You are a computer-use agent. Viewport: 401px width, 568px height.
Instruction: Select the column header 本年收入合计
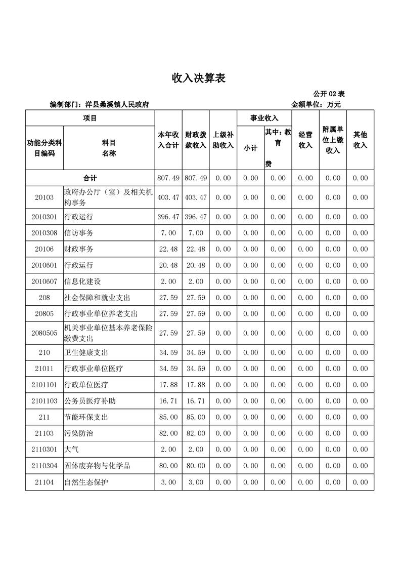pos(168,140)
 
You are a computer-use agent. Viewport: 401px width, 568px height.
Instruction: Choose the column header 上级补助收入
pos(223,140)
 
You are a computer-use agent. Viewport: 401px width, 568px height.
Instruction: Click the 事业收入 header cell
pos(264,118)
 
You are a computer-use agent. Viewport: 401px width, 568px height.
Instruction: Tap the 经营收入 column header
pos(305,140)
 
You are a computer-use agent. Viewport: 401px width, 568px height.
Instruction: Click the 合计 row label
pos(90,178)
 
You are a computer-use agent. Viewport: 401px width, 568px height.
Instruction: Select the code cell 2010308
pos(44,232)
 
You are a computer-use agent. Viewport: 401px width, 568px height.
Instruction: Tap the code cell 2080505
pos(44,333)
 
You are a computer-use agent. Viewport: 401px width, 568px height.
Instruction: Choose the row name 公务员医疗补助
pos(90,401)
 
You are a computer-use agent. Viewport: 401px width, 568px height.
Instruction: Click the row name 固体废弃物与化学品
pos(98,466)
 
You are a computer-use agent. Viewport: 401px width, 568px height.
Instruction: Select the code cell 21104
pos(44,482)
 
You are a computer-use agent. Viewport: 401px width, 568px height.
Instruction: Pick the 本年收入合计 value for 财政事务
pos(168,249)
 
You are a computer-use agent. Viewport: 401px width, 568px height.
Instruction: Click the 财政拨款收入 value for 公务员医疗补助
pos(196,401)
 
